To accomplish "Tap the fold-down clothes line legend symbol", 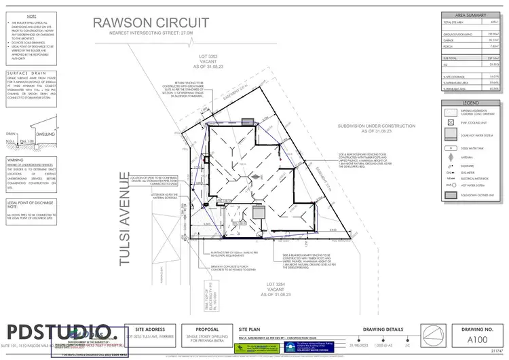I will pyautogui.click(x=449, y=194).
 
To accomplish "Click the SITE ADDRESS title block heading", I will pyautogui.click(x=151, y=327).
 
